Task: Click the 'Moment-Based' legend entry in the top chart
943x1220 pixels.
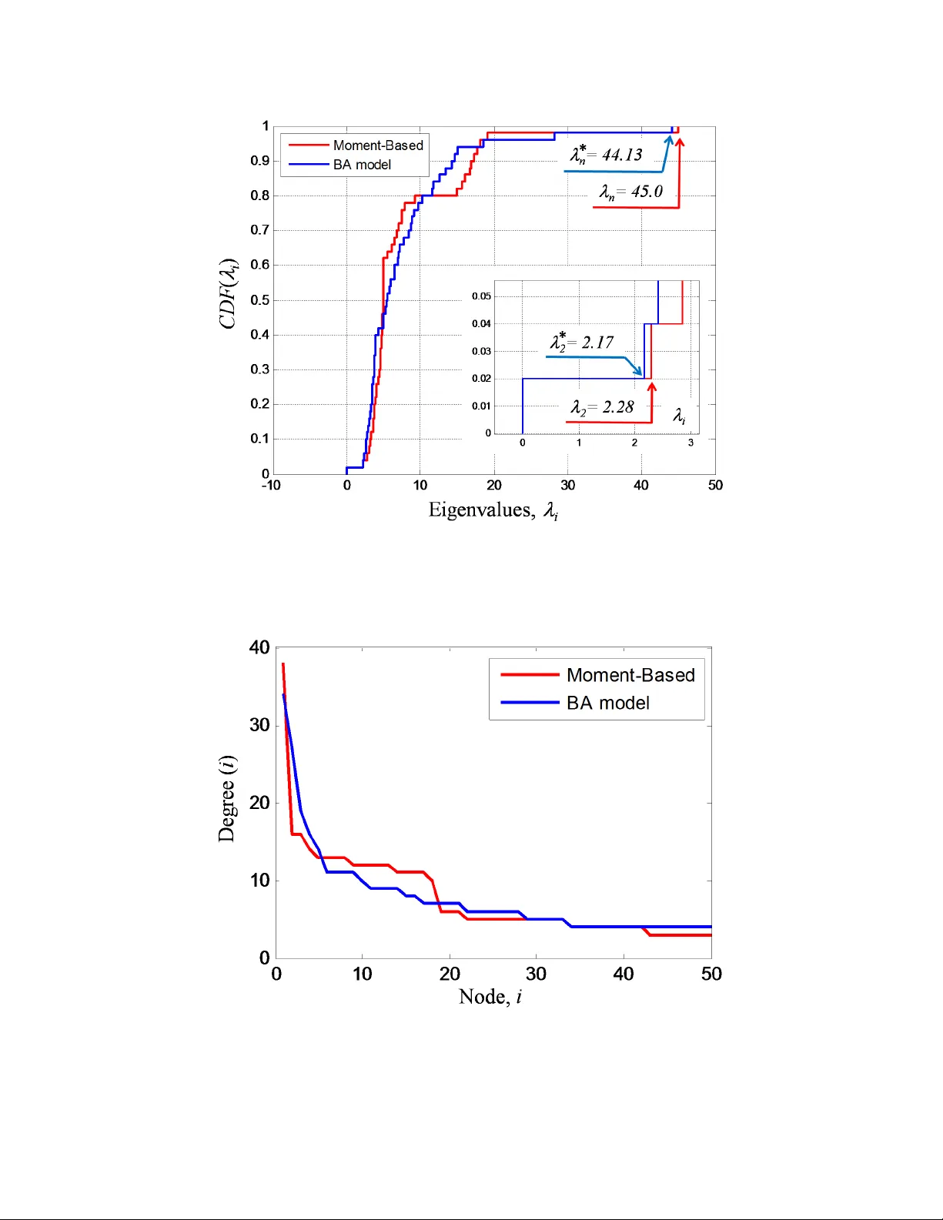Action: [x=377, y=145]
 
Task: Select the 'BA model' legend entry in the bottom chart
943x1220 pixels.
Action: [x=607, y=703]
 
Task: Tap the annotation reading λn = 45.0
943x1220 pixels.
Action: [x=631, y=192]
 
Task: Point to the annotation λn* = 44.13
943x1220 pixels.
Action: [x=607, y=155]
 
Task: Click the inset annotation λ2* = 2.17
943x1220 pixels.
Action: [x=582, y=343]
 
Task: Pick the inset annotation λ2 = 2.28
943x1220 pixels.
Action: [x=602, y=407]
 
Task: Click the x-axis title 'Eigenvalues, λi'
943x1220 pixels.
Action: [x=493, y=510]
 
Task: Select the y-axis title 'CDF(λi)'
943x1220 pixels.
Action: [x=229, y=294]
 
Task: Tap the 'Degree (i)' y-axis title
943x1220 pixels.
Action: [x=227, y=798]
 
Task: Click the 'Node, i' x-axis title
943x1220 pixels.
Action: [x=490, y=997]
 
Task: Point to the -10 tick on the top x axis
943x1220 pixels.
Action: [x=271, y=485]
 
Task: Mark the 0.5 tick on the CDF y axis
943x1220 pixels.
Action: [x=260, y=299]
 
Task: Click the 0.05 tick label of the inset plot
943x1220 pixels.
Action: [x=481, y=296]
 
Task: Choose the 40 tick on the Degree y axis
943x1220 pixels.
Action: [x=259, y=647]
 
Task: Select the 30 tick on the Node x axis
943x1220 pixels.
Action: [x=536, y=974]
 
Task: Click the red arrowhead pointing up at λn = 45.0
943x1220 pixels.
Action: [x=680, y=142]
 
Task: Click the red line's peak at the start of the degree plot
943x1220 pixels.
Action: [x=283, y=663]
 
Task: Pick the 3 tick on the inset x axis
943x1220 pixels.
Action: [x=691, y=443]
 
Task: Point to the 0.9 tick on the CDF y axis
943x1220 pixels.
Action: [x=260, y=161]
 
